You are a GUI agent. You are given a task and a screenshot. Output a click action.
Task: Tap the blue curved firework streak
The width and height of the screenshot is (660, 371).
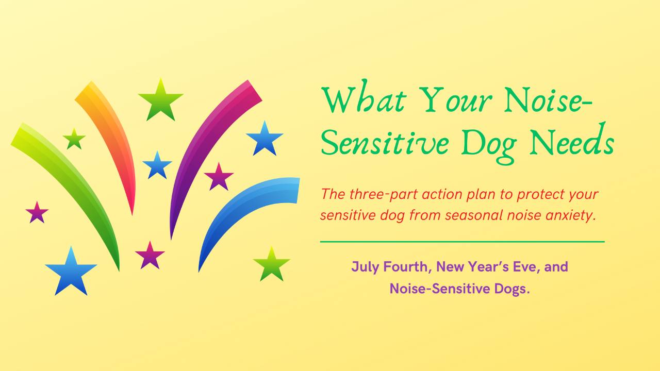[x=236, y=206]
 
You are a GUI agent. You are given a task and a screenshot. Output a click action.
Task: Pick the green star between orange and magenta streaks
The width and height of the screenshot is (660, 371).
[x=160, y=100]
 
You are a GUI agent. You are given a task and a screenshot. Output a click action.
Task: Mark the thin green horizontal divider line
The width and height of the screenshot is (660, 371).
[x=463, y=242]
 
